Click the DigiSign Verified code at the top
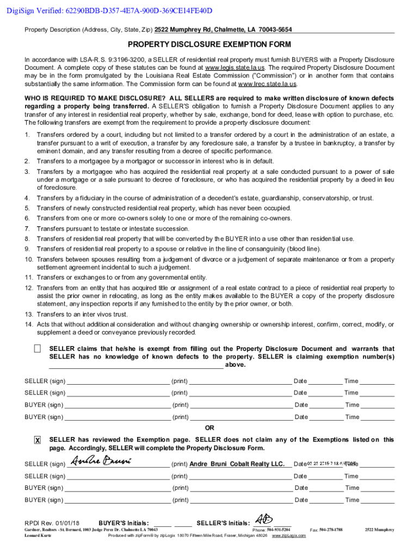(107, 11)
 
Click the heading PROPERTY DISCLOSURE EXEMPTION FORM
(209, 45)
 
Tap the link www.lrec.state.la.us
(268, 84)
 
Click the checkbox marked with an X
(37, 440)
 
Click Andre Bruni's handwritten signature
(102, 462)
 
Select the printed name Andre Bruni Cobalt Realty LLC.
(237, 464)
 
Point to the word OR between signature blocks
(209, 428)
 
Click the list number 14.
(29, 325)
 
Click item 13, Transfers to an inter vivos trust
(90, 314)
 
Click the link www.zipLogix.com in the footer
(288, 536)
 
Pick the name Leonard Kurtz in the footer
(38, 536)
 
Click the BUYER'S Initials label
(124, 523)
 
